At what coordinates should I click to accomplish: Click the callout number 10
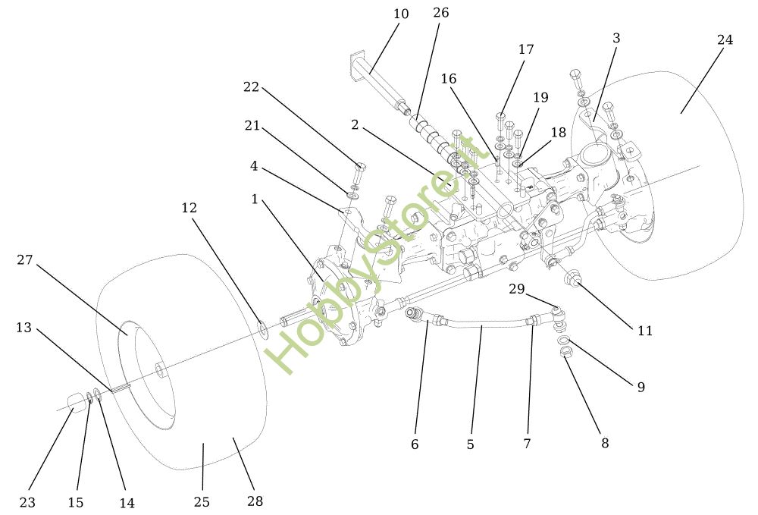401,14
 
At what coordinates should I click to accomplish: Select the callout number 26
440,13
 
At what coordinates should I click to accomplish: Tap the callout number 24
725,40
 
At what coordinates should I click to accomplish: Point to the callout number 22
251,87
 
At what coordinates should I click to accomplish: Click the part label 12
189,207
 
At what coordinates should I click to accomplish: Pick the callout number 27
25,260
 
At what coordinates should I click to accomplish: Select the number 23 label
27,502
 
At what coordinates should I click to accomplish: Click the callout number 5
470,444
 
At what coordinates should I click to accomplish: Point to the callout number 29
516,289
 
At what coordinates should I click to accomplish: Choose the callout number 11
644,331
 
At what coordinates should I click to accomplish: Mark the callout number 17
526,49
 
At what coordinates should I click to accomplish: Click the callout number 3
616,38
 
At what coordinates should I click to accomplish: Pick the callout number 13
23,328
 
